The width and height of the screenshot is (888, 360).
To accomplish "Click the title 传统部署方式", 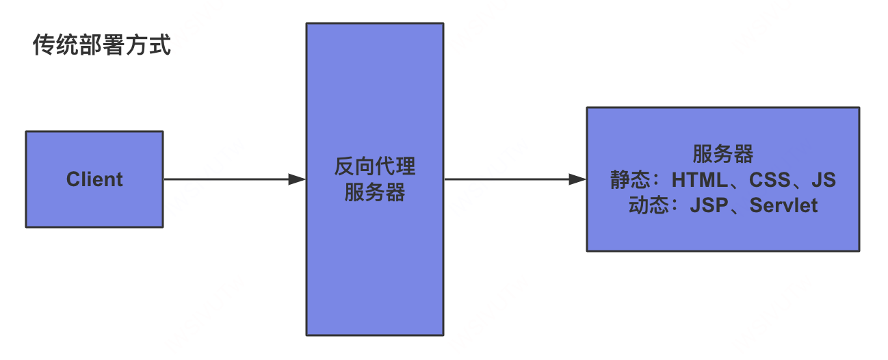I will click(x=101, y=47).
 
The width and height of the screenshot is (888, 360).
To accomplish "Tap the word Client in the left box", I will click(x=94, y=179).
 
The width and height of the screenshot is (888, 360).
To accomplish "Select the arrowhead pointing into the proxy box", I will click(x=297, y=179).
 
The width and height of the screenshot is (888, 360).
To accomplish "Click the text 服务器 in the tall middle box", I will click(x=374, y=192).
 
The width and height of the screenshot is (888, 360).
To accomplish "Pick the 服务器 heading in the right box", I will click(x=722, y=154).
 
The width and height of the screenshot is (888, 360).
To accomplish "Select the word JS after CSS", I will click(x=824, y=180).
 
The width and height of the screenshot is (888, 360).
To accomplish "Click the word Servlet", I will click(x=783, y=205).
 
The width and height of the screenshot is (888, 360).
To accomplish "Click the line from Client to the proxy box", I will click(x=226, y=179).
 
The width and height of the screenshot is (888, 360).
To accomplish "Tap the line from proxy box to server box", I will click(x=506, y=179).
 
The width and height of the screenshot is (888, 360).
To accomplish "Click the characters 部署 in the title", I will click(x=101, y=47).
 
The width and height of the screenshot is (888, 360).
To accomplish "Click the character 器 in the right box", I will click(x=743, y=154).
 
